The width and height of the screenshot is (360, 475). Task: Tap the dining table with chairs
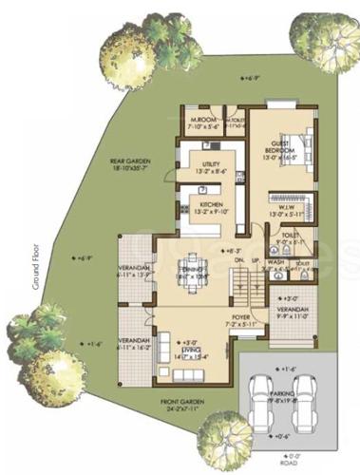click(x=191, y=265)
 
